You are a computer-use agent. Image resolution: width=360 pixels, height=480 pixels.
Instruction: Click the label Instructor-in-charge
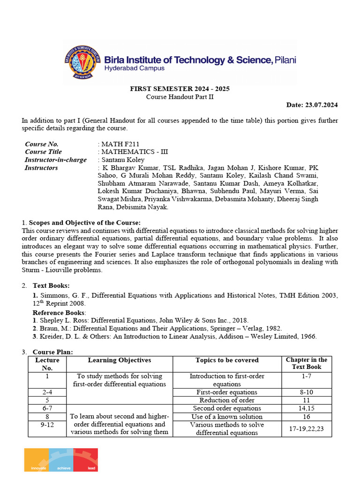[x=56, y=160]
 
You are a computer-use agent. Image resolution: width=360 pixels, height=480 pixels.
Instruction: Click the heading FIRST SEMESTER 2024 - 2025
[x=180, y=89]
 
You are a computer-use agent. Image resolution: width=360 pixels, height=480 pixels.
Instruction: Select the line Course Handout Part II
[x=180, y=97]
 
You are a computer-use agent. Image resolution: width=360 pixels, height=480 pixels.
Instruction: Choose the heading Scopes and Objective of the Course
[x=84, y=222]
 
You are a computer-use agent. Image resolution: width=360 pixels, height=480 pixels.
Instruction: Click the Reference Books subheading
[x=52, y=312]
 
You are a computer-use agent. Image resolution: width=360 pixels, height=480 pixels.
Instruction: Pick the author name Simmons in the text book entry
[x=53, y=296]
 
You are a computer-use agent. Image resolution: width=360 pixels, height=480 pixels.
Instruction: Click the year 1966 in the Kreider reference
[x=307, y=336]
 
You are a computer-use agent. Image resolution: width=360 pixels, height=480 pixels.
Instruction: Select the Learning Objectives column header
[x=120, y=360]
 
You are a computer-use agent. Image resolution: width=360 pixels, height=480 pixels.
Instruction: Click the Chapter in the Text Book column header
[x=307, y=363]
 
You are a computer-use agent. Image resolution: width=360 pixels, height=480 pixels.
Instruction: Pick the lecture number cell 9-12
[x=47, y=425]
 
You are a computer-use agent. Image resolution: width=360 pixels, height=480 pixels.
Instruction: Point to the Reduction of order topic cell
[x=227, y=400]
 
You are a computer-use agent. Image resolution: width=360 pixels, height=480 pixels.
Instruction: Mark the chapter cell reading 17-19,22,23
[x=307, y=428]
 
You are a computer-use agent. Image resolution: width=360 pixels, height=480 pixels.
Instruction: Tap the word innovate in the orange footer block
[x=38, y=468]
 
